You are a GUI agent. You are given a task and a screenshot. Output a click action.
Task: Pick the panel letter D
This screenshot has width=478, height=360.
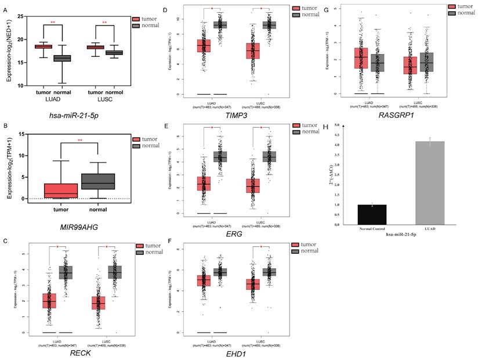166,10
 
